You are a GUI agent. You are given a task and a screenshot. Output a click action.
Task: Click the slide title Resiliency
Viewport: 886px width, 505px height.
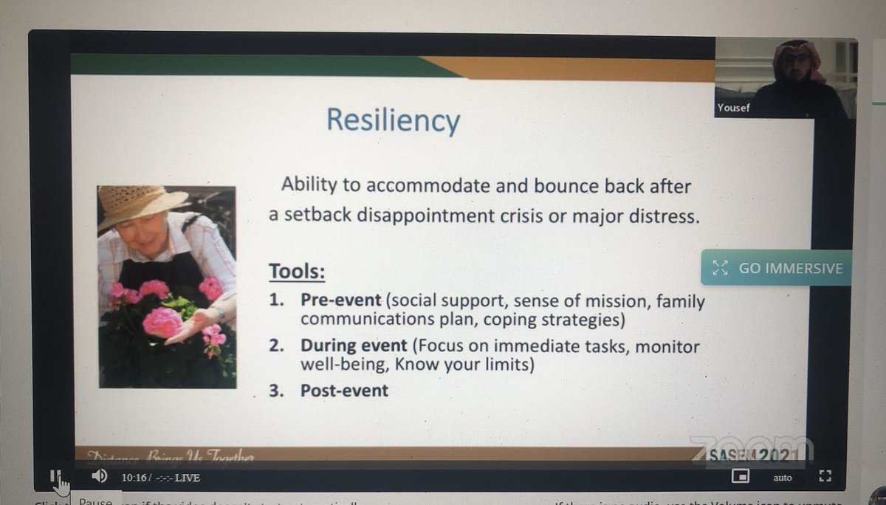(x=393, y=120)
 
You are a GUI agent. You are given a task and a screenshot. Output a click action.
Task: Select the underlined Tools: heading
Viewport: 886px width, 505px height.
(x=297, y=272)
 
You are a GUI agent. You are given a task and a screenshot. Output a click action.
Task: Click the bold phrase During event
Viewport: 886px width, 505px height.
(x=354, y=346)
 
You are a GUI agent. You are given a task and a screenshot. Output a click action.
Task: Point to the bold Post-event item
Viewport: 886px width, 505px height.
(x=344, y=391)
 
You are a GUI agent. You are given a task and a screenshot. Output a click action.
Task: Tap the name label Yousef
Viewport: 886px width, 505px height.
(x=732, y=109)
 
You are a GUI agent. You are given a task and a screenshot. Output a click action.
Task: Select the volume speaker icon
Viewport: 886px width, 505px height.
(x=100, y=476)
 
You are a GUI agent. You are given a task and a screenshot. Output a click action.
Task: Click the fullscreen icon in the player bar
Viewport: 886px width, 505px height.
(x=825, y=477)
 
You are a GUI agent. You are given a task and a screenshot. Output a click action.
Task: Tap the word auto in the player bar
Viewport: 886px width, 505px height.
(x=783, y=478)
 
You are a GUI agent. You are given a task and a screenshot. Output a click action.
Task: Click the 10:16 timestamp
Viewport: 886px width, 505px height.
(x=137, y=478)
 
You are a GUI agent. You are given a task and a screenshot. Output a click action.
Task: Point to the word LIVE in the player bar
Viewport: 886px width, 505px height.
(x=188, y=478)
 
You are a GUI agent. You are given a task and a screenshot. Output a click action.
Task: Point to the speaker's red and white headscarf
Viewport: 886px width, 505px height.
(x=799, y=59)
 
